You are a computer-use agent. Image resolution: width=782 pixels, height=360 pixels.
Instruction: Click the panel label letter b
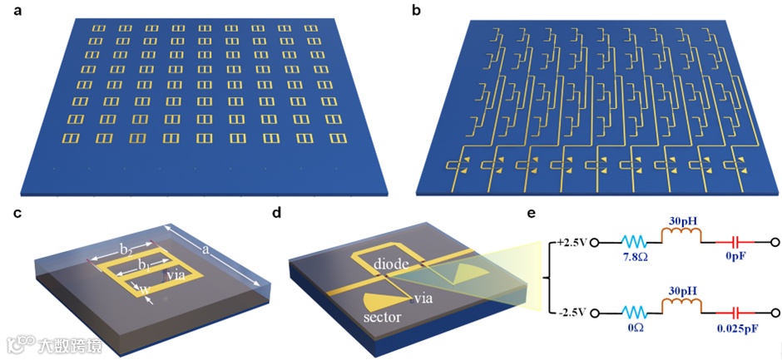coord(415,12)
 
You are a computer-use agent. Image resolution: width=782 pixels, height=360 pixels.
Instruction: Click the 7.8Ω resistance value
coord(636,261)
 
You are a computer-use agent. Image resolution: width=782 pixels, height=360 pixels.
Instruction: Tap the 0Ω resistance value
coord(636,330)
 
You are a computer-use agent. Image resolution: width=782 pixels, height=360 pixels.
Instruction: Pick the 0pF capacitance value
coord(736,259)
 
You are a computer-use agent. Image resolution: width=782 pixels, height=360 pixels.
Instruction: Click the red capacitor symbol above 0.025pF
coord(735,313)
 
